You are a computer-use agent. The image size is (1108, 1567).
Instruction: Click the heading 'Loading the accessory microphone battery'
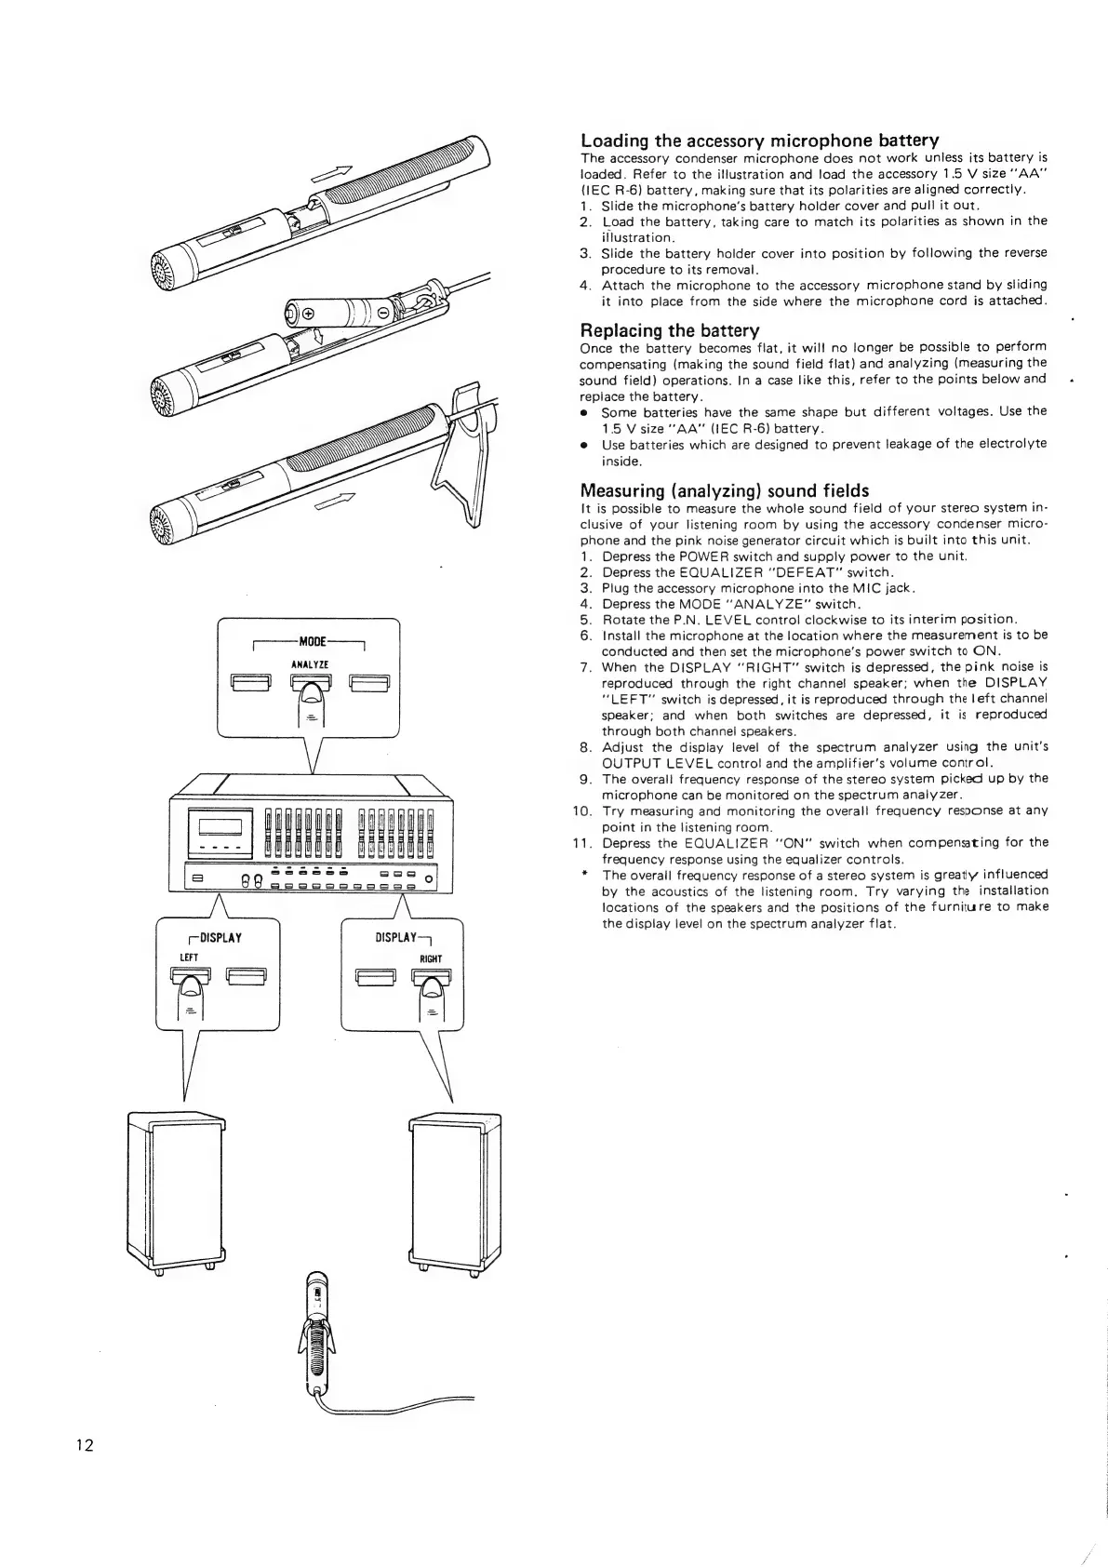[x=759, y=141]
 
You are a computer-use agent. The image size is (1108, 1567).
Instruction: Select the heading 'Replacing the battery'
[x=670, y=330]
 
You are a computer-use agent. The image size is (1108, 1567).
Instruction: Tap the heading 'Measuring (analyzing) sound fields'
[x=724, y=490]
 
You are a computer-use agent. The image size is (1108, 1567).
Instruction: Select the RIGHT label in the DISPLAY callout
[x=431, y=958]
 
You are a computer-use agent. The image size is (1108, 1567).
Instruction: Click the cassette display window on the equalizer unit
[x=220, y=824]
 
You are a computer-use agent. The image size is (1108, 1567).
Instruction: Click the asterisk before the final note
[x=583, y=875]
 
